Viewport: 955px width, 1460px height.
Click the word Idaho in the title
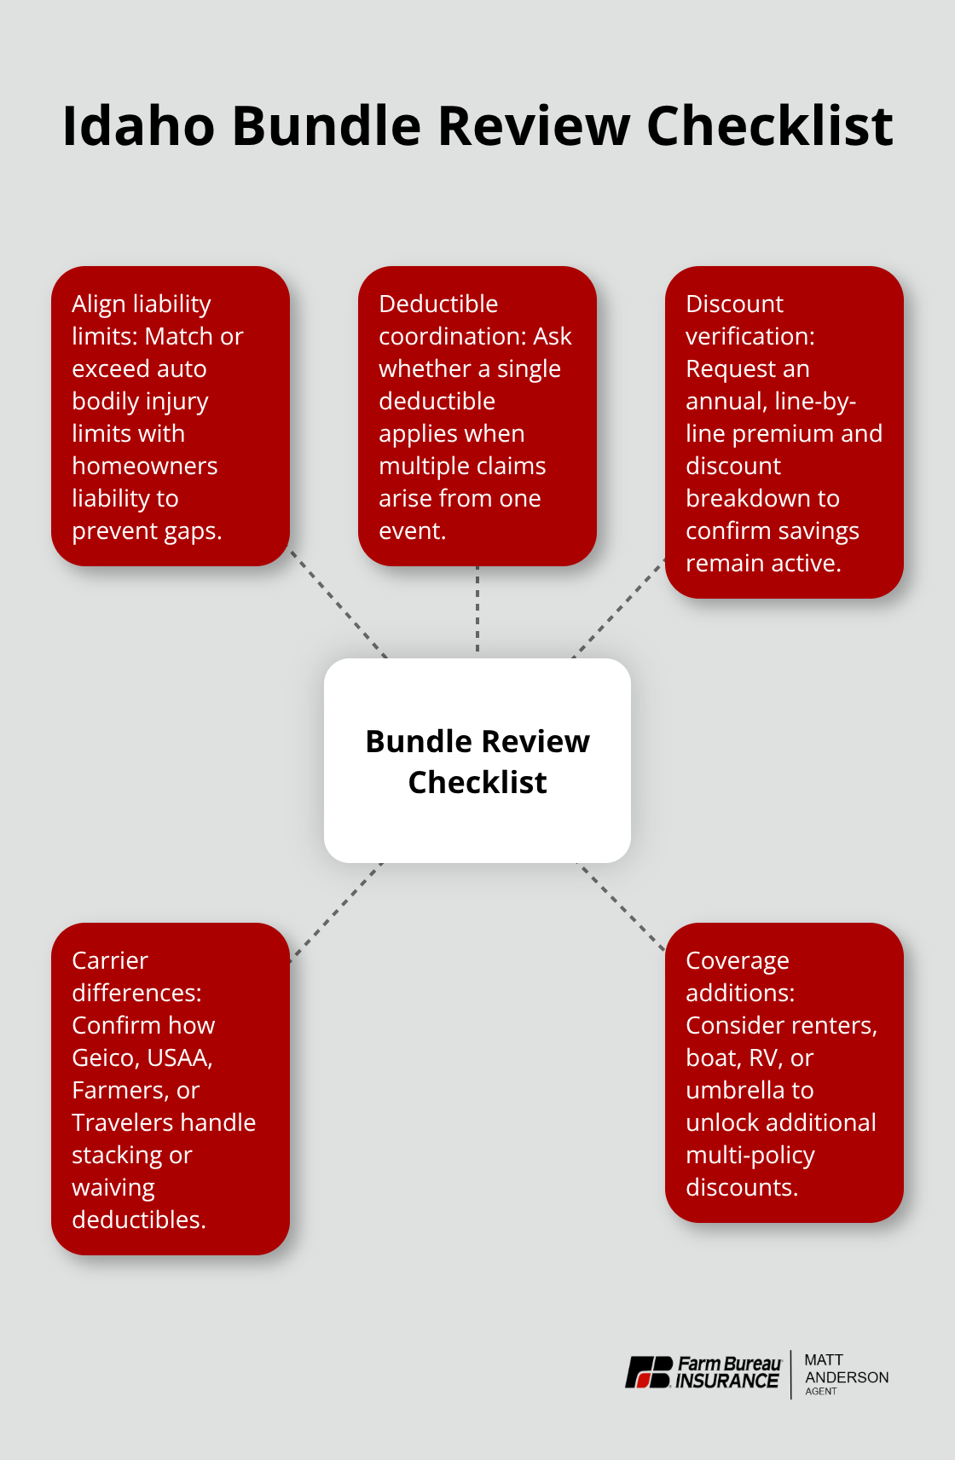coord(138,126)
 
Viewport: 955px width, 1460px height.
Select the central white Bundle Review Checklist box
coord(477,761)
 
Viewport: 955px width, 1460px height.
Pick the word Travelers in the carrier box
coord(123,1122)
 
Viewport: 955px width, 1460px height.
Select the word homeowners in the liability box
coord(145,466)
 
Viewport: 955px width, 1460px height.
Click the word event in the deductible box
coord(410,530)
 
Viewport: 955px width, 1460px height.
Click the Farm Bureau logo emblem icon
coord(649,1372)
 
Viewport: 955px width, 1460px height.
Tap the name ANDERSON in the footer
coord(847,1377)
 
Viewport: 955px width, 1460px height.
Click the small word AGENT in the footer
coord(821,1392)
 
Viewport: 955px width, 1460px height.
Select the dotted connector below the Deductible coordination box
coord(477,611)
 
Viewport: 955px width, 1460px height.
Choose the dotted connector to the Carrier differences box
coord(337,911)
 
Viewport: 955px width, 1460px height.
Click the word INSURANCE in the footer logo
coord(727,1381)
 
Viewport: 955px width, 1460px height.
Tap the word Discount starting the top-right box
coord(734,304)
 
